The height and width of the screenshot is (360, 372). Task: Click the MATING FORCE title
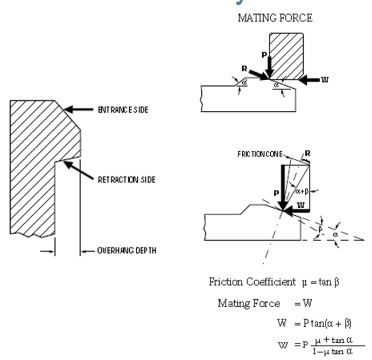coord(275,18)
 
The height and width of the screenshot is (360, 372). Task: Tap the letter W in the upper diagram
coord(325,80)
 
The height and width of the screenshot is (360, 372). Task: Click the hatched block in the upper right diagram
coord(286,54)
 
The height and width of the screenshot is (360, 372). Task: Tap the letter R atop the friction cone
coord(308,154)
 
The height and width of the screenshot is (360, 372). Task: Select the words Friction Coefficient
coord(244,282)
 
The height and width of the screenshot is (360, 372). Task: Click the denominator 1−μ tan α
coord(332,351)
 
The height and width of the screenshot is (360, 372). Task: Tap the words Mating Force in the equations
coord(249,303)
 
